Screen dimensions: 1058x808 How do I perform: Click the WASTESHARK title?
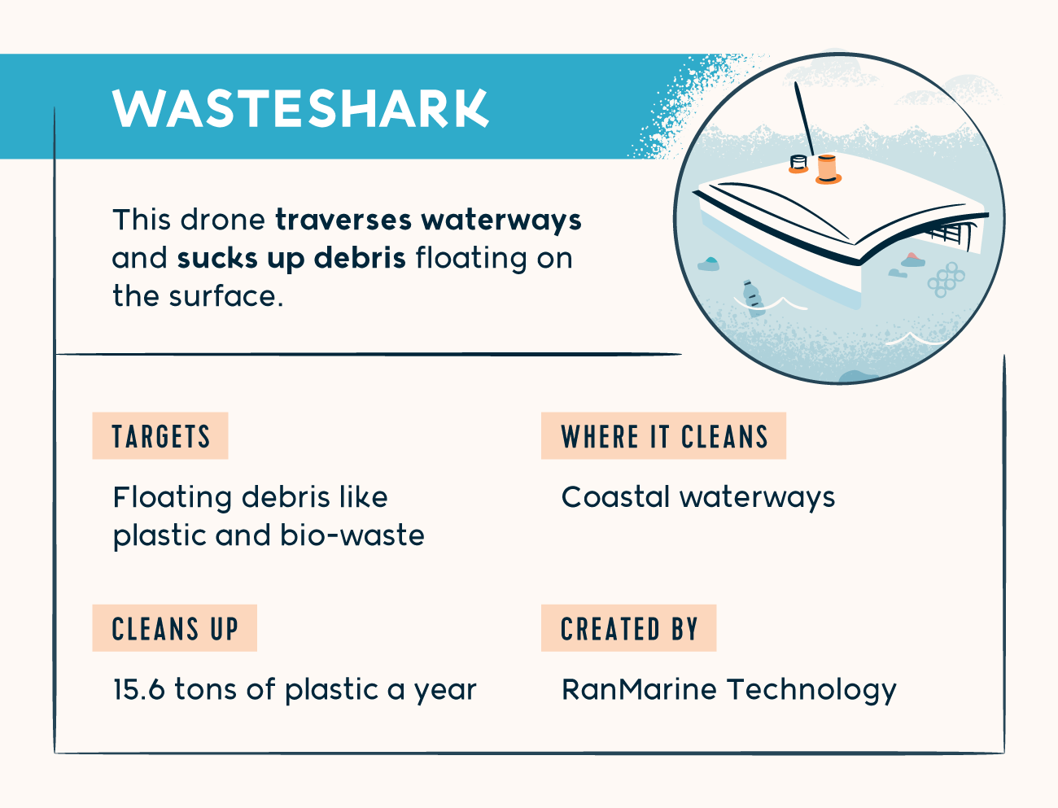click(x=300, y=108)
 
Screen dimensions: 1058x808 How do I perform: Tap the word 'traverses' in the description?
click(x=343, y=221)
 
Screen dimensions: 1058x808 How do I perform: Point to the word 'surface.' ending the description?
click(x=226, y=296)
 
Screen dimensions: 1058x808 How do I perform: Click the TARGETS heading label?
click(x=160, y=436)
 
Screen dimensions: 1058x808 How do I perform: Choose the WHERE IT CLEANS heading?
click(x=663, y=436)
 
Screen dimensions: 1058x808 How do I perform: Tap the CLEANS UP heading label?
click(x=174, y=628)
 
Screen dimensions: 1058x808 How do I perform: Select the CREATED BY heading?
click(x=628, y=628)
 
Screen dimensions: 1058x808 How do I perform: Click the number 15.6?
click(x=139, y=689)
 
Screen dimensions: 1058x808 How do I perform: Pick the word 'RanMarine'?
click(x=639, y=689)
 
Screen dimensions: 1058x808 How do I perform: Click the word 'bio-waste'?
click(x=352, y=535)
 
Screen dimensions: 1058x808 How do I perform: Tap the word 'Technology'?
click(x=811, y=691)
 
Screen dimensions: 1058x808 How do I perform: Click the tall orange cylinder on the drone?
click(x=827, y=169)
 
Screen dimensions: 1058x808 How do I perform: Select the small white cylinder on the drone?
click(x=798, y=164)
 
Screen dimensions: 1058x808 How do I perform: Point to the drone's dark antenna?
click(x=804, y=119)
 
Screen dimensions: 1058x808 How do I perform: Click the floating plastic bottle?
click(x=753, y=299)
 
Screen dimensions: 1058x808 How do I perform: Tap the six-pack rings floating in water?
click(x=946, y=279)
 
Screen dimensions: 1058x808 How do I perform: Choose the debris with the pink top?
click(x=913, y=260)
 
